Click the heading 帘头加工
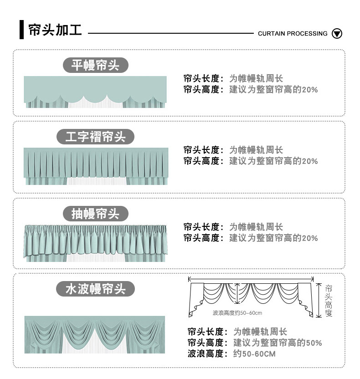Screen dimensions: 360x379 [x=55, y=30]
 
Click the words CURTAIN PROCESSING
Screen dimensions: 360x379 [x=293, y=33]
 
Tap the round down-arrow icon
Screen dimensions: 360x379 [x=337, y=33]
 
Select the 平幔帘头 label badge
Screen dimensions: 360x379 [x=95, y=65]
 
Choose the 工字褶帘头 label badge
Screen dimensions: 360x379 [x=95, y=137]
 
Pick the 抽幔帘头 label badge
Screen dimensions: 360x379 [x=95, y=214]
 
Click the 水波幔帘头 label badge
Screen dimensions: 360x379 [x=95, y=289]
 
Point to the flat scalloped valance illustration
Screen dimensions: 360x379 [x=95, y=92]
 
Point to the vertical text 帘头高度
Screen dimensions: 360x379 [x=329, y=301]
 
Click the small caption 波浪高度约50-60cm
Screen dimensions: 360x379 [x=237, y=313]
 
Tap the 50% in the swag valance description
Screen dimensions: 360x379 [x=314, y=343]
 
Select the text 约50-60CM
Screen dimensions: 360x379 [x=254, y=354]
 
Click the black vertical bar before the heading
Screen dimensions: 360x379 [x=21, y=30]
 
